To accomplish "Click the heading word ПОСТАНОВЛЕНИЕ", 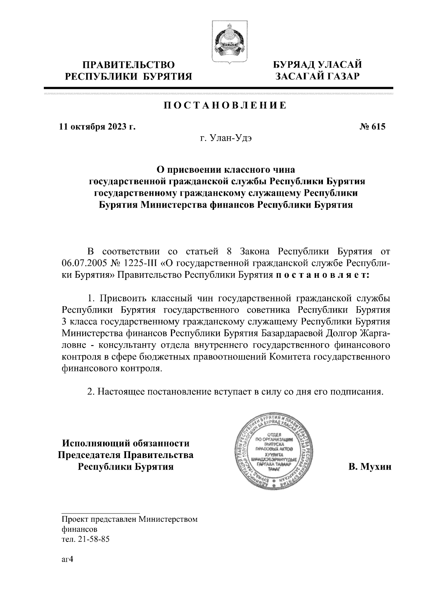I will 225,105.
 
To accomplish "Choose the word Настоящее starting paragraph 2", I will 120,391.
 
